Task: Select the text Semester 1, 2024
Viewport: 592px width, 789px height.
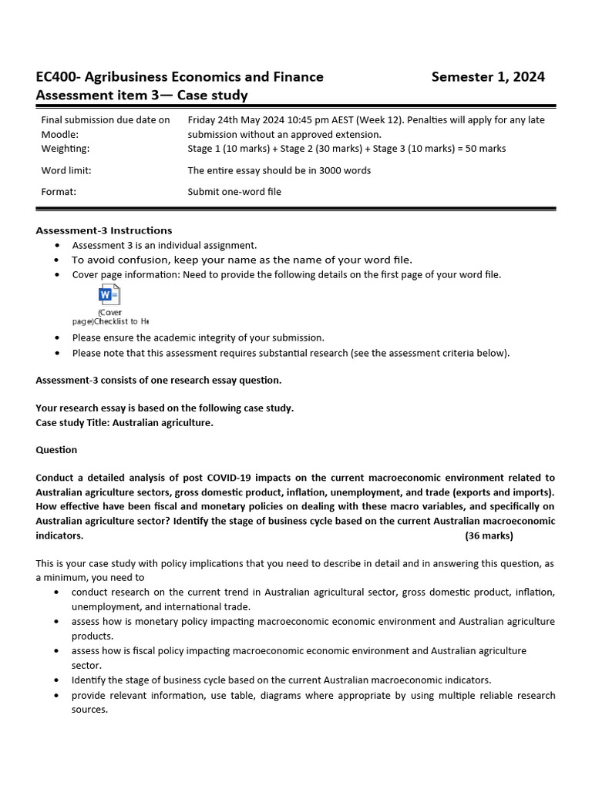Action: [488, 76]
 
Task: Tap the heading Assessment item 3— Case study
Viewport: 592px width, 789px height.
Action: [142, 95]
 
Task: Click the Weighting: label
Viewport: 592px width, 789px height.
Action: [65, 148]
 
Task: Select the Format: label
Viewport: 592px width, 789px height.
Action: [59, 192]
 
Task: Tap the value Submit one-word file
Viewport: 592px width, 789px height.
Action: [234, 192]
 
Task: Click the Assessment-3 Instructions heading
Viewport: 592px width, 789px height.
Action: [104, 230]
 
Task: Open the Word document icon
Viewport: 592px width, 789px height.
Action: [109, 295]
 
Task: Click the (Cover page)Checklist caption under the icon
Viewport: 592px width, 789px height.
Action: [110, 317]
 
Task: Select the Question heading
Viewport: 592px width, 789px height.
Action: [56, 449]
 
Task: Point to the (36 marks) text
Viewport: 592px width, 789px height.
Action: [489, 536]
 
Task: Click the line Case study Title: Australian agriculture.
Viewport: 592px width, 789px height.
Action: [124, 422]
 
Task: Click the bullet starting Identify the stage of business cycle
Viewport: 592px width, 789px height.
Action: [281, 680]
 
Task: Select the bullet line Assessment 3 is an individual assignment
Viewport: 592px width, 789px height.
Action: [164, 245]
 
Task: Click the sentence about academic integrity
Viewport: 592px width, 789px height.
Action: [198, 337]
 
